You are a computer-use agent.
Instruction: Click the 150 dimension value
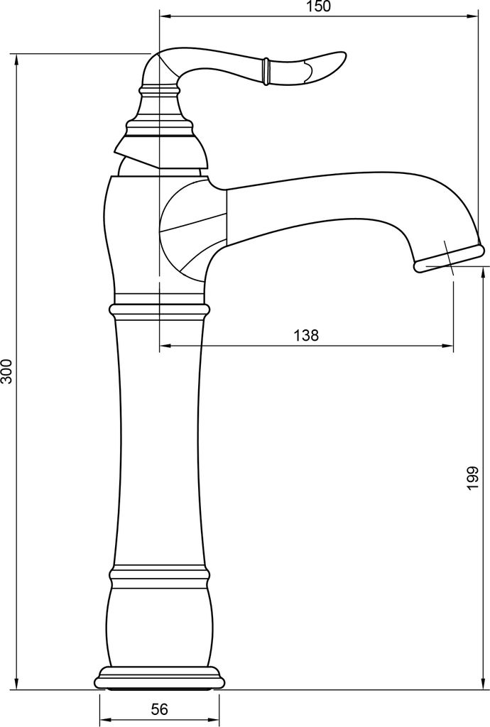coord(318,7)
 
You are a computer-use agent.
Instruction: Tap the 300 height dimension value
coord(6,371)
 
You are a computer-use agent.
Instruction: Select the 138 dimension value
coord(306,335)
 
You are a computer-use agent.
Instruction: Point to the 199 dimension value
coord(472,478)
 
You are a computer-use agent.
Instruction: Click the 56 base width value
coord(160,709)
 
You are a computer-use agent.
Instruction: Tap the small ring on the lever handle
coord(266,71)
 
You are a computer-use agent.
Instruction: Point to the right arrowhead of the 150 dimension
coord(473,17)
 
